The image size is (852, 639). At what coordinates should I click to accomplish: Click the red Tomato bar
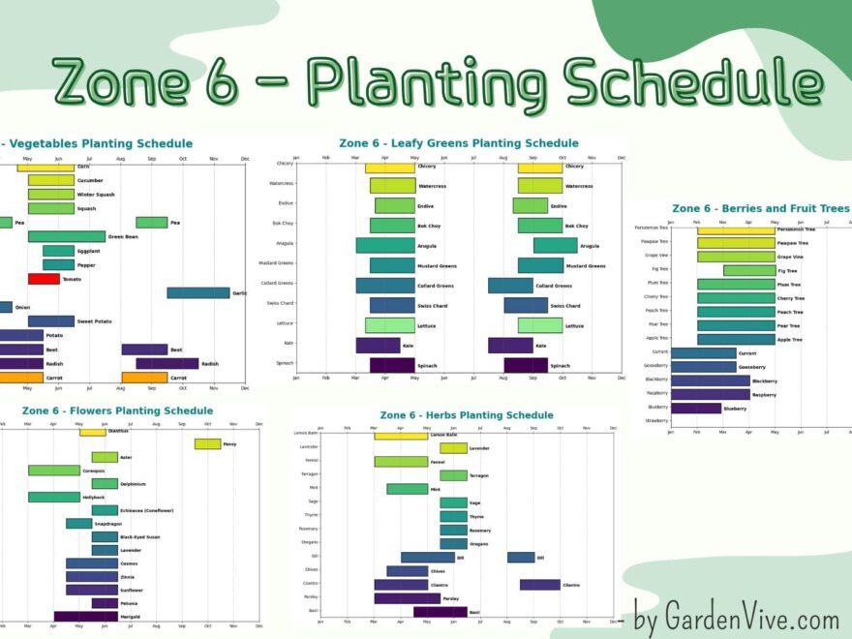click(44, 279)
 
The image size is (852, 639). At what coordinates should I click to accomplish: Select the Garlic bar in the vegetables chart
click(198, 292)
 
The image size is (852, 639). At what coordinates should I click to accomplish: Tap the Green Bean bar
click(66, 236)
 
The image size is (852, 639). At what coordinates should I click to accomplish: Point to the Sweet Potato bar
click(50, 320)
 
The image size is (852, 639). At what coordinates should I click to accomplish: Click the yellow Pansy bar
click(207, 444)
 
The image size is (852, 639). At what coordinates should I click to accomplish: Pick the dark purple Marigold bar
click(85, 616)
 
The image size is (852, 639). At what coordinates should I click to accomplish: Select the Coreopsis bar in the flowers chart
click(53, 471)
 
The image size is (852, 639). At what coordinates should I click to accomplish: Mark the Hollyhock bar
click(53, 497)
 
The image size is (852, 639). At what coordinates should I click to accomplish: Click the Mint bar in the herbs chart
click(407, 489)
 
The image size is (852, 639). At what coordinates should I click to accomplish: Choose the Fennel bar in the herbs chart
click(401, 462)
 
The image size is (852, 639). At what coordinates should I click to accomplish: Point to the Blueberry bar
click(695, 408)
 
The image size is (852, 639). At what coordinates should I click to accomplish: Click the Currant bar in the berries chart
click(703, 353)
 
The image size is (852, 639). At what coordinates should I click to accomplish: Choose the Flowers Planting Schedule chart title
click(117, 411)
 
